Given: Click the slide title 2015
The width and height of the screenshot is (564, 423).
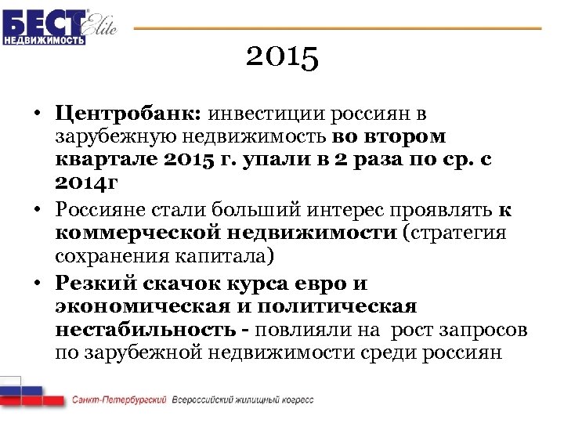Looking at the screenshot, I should click(282, 57).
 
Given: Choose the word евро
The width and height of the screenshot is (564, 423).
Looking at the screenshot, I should click(314, 282).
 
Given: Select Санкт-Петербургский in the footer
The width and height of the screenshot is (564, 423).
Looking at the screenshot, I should click(119, 399).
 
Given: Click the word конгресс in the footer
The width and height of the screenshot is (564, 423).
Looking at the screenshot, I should click(295, 399).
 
